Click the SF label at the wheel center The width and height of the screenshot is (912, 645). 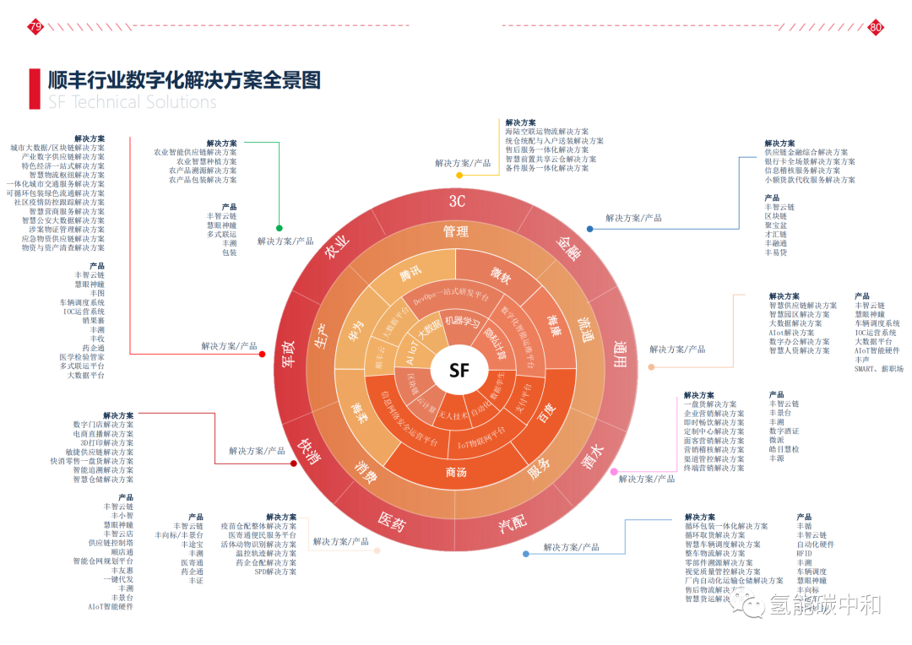(459, 371)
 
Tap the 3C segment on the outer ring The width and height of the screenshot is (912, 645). (457, 201)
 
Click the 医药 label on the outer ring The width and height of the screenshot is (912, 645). (391, 524)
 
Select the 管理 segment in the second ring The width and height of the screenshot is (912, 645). (456, 230)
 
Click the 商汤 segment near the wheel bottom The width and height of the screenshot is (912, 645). (456, 472)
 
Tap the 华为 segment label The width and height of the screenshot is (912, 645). (358, 327)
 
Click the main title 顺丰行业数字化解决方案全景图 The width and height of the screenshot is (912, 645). (184, 80)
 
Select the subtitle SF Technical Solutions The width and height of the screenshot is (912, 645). (132, 102)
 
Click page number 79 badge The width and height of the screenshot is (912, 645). (35, 27)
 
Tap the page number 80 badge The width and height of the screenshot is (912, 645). (876, 27)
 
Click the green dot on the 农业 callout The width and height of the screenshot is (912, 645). (280, 228)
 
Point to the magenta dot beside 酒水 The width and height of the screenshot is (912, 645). (614, 472)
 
